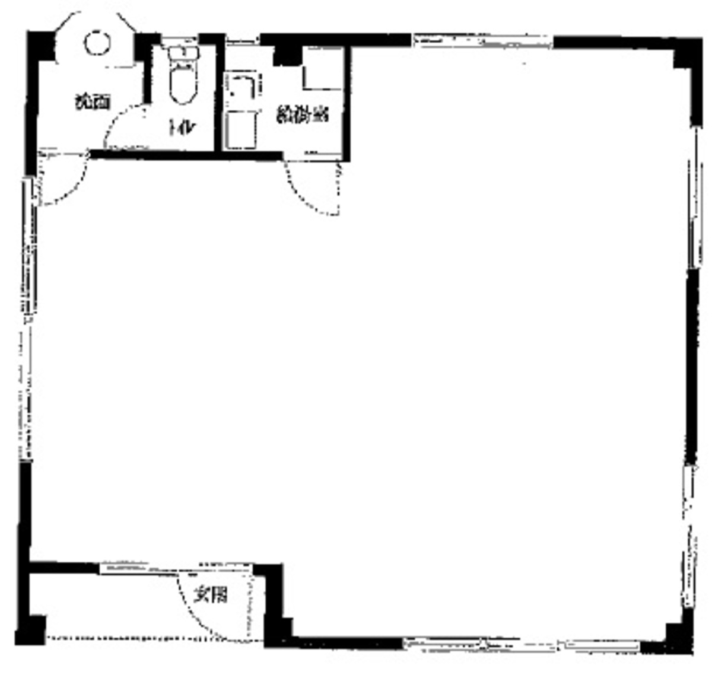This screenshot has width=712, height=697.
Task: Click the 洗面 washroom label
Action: [x=92, y=102]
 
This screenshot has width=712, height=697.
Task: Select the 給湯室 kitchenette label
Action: [x=303, y=115]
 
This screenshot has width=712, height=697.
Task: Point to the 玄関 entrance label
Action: [x=211, y=594]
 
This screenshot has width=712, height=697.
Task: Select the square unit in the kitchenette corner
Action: [x=322, y=69]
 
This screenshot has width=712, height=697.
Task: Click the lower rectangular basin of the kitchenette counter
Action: [x=241, y=131]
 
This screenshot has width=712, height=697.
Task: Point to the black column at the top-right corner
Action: [x=688, y=56]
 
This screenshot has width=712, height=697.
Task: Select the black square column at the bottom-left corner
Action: [x=30, y=630]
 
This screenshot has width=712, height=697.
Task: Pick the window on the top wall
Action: [x=482, y=41]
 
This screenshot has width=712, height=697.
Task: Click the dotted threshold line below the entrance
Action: [x=148, y=639]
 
